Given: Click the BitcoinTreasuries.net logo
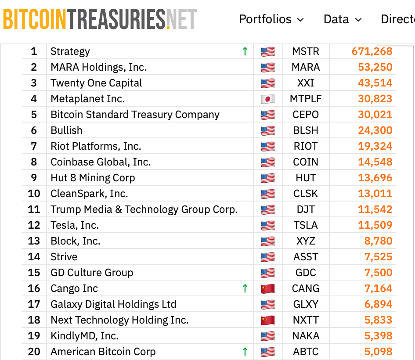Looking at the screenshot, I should (100, 19).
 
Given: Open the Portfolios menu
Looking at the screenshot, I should (271, 19).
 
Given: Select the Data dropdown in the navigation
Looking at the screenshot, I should (342, 19).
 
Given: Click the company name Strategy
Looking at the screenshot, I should (70, 51).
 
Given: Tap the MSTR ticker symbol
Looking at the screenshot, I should (306, 51).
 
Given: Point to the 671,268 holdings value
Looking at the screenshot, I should (372, 51).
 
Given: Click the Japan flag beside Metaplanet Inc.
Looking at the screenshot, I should (267, 99).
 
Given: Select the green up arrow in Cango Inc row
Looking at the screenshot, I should (245, 288).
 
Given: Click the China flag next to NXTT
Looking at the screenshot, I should (267, 320).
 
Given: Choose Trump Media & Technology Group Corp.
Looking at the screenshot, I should (144, 209).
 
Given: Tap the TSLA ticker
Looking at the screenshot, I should (306, 225).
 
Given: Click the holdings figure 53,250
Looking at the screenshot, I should (375, 67).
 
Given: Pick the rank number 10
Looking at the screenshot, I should (34, 194).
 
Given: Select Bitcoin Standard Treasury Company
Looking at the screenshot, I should (135, 115).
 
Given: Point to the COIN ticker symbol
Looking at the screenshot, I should (306, 162).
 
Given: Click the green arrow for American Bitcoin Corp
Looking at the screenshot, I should (245, 352).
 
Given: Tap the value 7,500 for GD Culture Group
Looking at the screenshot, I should (378, 273).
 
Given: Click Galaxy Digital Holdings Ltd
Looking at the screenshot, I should (113, 304).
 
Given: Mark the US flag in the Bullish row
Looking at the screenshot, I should (267, 130).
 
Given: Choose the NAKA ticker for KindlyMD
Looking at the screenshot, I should (306, 336).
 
